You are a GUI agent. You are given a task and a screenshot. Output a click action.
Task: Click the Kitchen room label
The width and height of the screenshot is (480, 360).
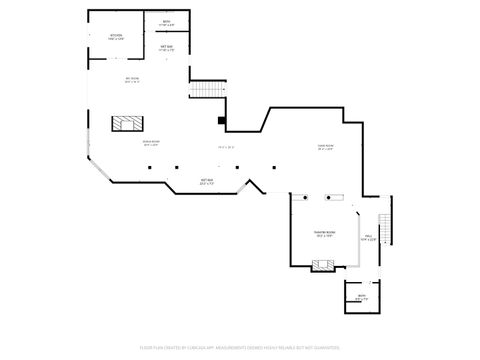click(117, 37)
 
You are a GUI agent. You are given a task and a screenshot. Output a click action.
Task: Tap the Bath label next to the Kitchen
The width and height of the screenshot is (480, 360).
click(166, 23)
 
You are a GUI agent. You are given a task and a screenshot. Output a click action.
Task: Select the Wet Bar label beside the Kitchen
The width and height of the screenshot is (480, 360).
click(167, 47)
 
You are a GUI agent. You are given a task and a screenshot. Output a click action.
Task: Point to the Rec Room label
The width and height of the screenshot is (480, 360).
click(132, 80)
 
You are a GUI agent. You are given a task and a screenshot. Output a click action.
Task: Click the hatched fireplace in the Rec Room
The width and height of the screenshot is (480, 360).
click(126, 125)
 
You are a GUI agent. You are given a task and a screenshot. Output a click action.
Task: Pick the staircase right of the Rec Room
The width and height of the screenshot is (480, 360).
click(204, 91)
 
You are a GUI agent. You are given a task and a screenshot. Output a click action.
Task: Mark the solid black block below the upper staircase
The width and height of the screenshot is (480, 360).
click(222, 122)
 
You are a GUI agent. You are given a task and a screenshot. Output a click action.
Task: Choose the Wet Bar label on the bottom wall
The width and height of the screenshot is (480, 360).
click(208, 182)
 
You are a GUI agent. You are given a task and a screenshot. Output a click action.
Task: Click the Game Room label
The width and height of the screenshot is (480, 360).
click(324, 147)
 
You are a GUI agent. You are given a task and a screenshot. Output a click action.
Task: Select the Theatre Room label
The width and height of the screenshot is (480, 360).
click(325, 235)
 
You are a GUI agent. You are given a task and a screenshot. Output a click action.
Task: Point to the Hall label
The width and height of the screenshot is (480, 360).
click(368, 238)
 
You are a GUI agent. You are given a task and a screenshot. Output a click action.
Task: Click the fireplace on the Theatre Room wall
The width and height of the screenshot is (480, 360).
click(322, 265)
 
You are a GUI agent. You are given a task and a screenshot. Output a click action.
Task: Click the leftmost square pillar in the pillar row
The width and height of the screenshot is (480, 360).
click(149, 167)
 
